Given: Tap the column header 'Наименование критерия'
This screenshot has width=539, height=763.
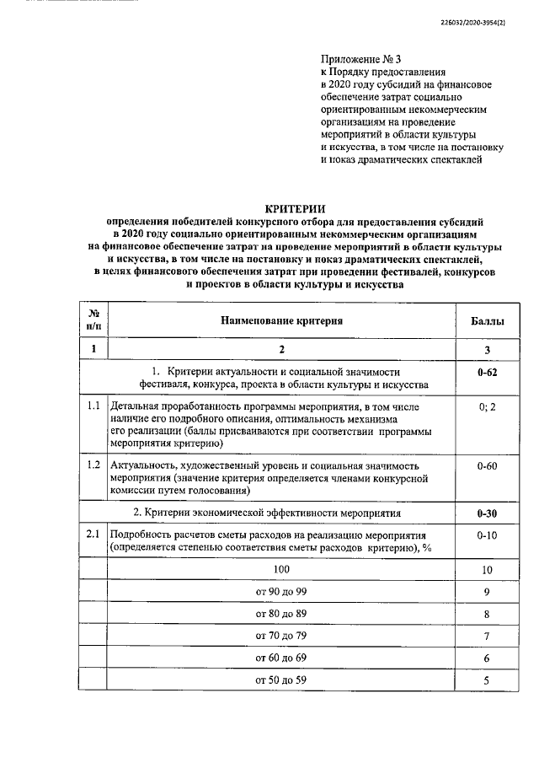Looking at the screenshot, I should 282,321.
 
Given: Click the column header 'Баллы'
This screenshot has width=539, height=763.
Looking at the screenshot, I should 486,321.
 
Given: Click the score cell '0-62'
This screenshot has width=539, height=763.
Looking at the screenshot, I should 486,372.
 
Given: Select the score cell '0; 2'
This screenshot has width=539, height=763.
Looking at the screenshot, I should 486,407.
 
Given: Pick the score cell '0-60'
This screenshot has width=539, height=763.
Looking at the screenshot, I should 486,465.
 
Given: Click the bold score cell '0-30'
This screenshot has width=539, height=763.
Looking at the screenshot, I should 486,513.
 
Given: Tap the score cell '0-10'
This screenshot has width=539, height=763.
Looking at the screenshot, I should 486,535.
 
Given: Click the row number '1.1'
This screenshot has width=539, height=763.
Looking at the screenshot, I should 93,407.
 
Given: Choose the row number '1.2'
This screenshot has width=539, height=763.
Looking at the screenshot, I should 93,465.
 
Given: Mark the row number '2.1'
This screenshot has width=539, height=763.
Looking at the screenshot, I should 93,535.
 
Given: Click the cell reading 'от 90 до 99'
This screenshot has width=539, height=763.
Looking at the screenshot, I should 282,593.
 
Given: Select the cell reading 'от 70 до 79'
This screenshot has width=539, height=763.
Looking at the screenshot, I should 282,636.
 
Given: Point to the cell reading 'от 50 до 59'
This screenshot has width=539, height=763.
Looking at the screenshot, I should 282,680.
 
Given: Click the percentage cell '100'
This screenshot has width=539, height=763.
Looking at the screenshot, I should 282,570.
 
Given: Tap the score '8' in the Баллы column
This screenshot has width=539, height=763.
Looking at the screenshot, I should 486,615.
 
